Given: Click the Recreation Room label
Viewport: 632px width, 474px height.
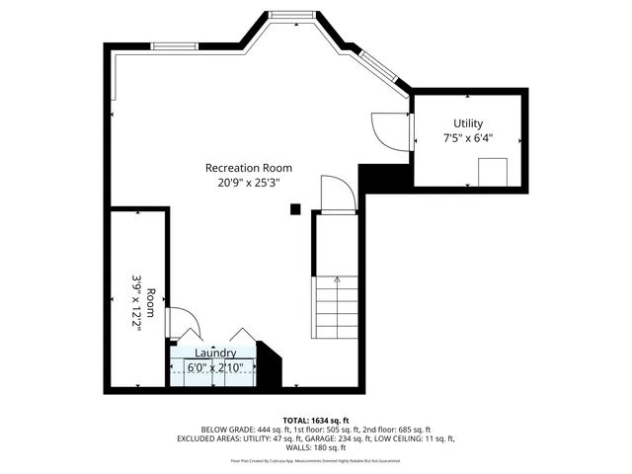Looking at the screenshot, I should (x=249, y=168).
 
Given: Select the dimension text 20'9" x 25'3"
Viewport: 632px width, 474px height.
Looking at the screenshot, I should (x=249, y=183).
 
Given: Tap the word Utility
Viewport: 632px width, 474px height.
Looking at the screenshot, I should (x=468, y=123).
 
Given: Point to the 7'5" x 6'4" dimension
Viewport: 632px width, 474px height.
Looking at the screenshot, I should (x=468, y=138).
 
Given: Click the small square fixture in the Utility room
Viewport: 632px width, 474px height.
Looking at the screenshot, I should (x=492, y=172).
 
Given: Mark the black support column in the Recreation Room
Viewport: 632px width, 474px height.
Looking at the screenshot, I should (x=294, y=208).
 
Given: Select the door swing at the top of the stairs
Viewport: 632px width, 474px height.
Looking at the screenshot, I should (x=337, y=193).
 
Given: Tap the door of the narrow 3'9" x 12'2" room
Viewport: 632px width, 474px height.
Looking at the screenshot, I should (x=184, y=322).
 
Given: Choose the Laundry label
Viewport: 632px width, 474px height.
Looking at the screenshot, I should (x=214, y=353).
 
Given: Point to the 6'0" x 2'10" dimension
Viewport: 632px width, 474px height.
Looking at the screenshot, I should (x=214, y=368).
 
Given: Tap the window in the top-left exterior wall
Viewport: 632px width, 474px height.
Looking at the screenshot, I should (x=174, y=44).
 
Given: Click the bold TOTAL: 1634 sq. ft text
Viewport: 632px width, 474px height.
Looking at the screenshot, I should (x=316, y=420).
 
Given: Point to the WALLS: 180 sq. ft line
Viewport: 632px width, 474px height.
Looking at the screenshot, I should (x=316, y=446).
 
